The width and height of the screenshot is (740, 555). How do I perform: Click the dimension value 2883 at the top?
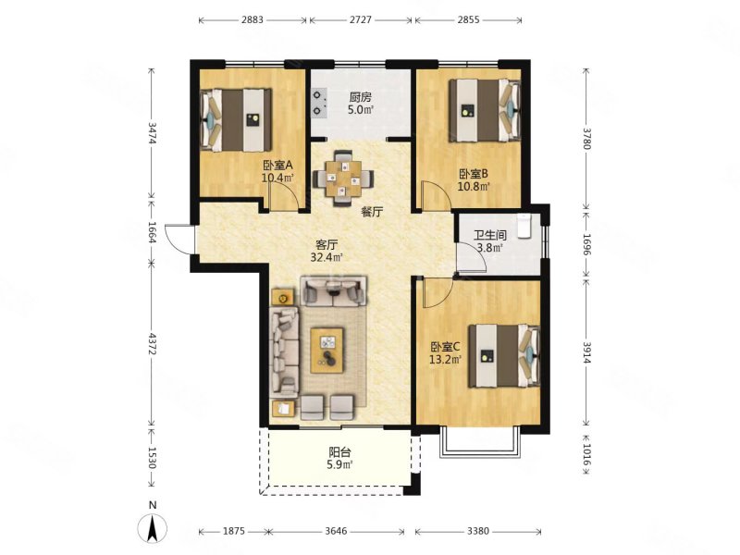pyautogui.click(x=253, y=19)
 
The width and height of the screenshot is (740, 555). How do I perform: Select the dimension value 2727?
pyautogui.click(x=360, y=19)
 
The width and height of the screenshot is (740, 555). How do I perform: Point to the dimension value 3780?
pyautogui.click(x=586, y=138)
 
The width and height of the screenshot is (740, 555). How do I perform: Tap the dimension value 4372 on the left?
pyautogui.click(x=152, y=343)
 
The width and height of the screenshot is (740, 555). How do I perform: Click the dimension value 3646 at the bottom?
pyautogui.click(x=336, y=531)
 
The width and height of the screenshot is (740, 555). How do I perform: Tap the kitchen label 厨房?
pyautogui.click(x=361, y=98)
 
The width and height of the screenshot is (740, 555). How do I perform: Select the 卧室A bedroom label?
pyautogui.click(x=278, y=166)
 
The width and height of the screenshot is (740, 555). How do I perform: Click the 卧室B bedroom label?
pyautogui.click(x=474, y=174)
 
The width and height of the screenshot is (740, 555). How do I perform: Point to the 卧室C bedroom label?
pyautogui.click(x=445, y=348)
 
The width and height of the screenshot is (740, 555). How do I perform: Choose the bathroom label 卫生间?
pyautogui.click(x=490, y=235)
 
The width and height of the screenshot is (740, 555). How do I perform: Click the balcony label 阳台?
pyautogui.click(x=339, y=452)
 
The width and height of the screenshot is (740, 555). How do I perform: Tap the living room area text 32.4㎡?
pyautogui.click(x=327, y=258)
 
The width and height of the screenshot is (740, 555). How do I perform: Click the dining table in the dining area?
pyautogui.click(x=343, y=179)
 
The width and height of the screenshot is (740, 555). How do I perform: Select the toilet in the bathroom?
pyautogui.click(x=524, y=225)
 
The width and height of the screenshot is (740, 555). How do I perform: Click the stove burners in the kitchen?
pyautogui.click(x=319, y=103)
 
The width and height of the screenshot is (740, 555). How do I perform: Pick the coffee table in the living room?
pyautogui.click(x=327, y=351)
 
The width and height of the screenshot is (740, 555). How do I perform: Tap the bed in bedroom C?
pyautogui.click(x=504, y=356)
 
